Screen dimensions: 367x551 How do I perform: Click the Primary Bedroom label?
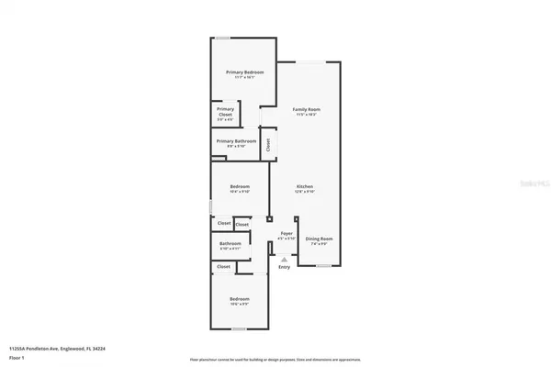pyautogui.click(x=245, y=72)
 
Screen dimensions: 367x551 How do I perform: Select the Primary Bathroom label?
pyautogui.click(x=236, y=141)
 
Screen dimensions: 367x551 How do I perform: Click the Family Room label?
pyautogui.click(x=306, y=109)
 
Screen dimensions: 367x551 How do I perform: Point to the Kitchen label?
pyautogui.click(x=305, y=187)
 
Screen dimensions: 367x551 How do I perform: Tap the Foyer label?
pyautogui.click(x=286, y=234)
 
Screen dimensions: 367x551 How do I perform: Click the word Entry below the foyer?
pyautogui.click(x=284, y=267)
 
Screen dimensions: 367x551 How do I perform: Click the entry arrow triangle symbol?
pyautogui.click(x=284, y=258)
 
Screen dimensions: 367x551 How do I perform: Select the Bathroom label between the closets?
pyautogui.click(x=230, y=243)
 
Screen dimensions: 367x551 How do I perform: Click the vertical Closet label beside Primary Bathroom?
pyautogui.click(x=268, y=144)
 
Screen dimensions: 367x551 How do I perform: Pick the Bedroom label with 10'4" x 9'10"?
pyautogui.click(x=239, y=187)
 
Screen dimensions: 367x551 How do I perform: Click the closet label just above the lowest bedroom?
pyautogui.click(x=223, y=266)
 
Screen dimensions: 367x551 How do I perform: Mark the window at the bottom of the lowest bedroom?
pyautogui.click(x=239, y=328)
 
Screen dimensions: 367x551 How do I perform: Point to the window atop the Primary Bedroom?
pyautogui.click(x=222, y=38)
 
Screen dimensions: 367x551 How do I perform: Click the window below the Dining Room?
pyautogui.click(x=323, y=266)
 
